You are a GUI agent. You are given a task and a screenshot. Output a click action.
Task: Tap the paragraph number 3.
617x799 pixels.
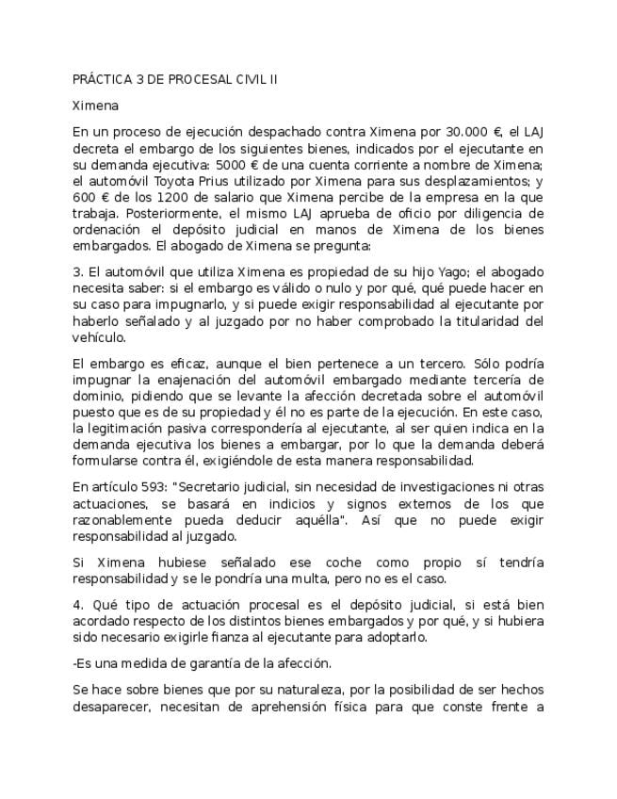76,272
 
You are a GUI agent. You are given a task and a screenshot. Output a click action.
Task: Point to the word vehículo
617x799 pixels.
99,337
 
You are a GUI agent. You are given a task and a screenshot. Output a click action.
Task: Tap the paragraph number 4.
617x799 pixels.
76,603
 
